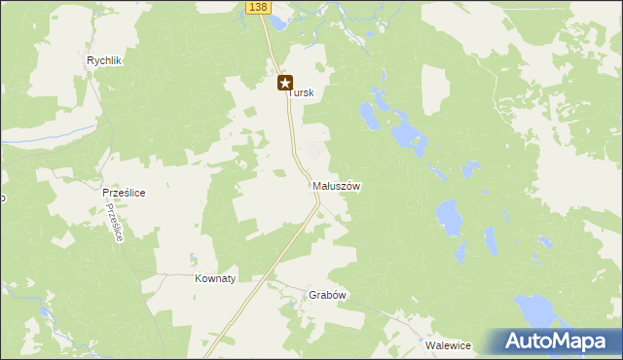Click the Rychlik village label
(x=103, y=60)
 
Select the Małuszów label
(x=338, y=186)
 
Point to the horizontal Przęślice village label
(x=124, y=193)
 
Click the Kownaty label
(x=215, y=278)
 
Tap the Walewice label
(x=448, y=344)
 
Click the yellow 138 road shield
(x=256, y=7)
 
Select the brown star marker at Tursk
(x=285, y=84)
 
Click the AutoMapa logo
(x=554, y=342)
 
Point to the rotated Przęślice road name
(x=116, y=224)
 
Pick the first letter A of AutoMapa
(x=515, y=342)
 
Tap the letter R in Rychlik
(x=91, y=60)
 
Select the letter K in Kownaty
(x=199, y=278)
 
